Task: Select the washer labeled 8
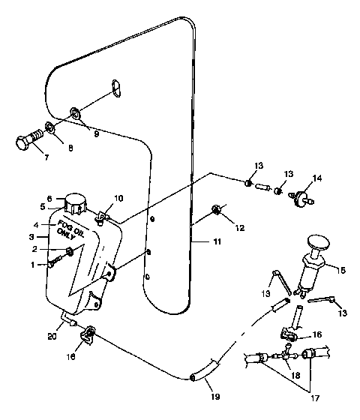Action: tap(49, 127)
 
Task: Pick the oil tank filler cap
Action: tap(76, 202)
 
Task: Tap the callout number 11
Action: tap(197, 244)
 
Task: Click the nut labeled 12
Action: tap(216, 208)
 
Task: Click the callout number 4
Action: tap(35, 224)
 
